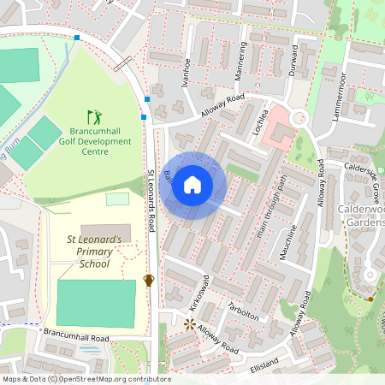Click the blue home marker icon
click(x=192, y=185)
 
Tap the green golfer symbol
click(x=93, y=115)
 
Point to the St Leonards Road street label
click(x=151, y=198)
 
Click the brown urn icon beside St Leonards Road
click(x=149, y=281)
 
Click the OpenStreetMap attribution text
click(x=86, y=379)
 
